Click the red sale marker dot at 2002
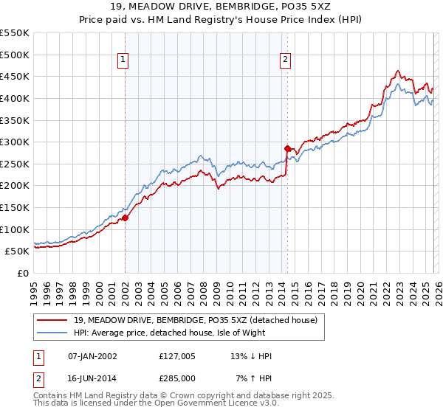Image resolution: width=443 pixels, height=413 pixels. click(125, 218)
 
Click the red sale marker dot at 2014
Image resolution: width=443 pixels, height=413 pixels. click(286, 148)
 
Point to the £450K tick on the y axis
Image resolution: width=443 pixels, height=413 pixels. click(15, 77)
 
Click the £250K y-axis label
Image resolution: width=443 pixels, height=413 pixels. click(15, 164)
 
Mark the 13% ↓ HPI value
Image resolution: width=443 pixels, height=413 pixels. click(251, 356)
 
